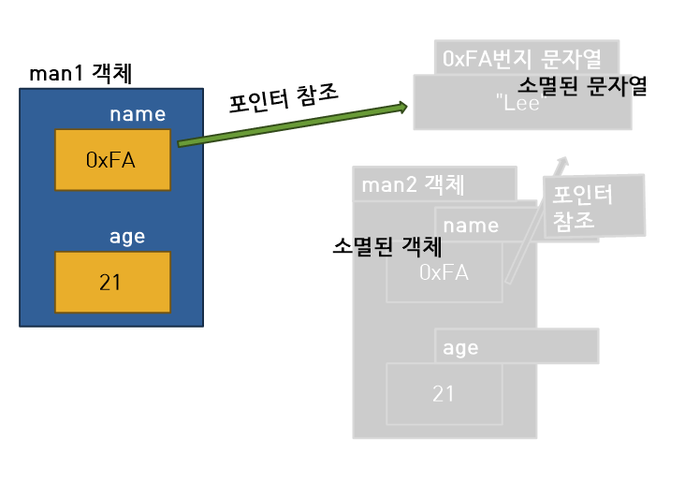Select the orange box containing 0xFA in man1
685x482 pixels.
pos(113,160)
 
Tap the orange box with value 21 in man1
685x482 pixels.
pos(112,282)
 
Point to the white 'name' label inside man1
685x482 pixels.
pos(138,115)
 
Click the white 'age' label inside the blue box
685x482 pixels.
pos(127,237)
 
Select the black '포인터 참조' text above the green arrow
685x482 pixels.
pos(284,97)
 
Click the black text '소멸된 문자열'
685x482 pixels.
pos(582,86)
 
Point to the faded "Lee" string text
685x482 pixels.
pos(520,105)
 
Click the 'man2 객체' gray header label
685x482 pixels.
pos(413,183)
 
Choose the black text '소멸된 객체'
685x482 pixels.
pos(387,247)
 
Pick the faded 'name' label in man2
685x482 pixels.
pos(471,226)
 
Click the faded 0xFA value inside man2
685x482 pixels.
pos(444,272)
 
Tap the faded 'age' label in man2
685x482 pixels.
pos(461,348)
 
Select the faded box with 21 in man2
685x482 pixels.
pos(445,394)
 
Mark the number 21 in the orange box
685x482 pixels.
pos(110,282)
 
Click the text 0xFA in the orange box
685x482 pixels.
pos(110,160)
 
